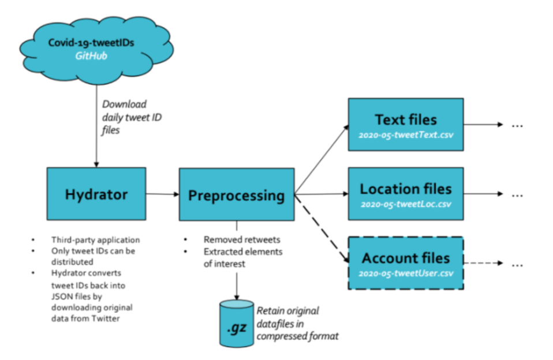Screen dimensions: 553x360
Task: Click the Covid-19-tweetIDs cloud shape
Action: coord(96,50)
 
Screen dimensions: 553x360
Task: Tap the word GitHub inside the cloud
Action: coord(91,56)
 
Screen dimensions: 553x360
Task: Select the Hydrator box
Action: coord(96,194)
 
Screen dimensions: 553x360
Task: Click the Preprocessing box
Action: coord(237,194)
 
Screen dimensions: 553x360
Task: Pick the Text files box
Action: coord(406,125)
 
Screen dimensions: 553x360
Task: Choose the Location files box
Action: coord(406,194)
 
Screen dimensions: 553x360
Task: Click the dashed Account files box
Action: coord(406,263)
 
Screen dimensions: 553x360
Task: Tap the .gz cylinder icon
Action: coord(237,324)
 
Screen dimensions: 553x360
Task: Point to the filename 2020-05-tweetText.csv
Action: coord(406,135)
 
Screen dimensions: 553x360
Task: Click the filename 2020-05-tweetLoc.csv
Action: coord(406,204)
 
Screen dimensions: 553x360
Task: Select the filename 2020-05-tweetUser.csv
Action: coord(406,273)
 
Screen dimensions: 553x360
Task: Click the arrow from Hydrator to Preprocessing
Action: coord(163,194)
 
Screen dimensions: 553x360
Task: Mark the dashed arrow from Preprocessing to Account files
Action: coord(322,229)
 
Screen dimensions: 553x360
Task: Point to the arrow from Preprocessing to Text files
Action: coord(322,159)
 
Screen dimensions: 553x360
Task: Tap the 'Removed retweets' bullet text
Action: coord(242,240)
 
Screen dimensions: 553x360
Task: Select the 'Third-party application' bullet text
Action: coord(96,240)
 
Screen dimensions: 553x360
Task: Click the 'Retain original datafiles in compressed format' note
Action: coord(297,324)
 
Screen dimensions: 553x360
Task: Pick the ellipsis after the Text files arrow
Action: coord(517,126)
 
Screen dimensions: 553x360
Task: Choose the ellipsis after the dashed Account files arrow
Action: coord(517,265)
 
